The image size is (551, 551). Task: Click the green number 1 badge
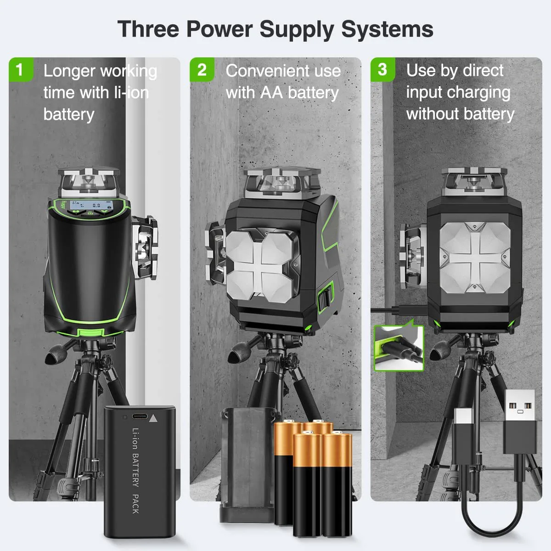click(19, 70)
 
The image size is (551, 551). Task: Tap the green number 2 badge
click(202, 70)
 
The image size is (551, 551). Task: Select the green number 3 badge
click(382, 70)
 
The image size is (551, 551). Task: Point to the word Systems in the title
click(387, 29)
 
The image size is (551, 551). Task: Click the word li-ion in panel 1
click(125, 92)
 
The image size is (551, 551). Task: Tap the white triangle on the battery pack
click(153, 418)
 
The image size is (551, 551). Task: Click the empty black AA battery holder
click(247, 464)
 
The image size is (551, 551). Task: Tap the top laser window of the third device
click(474, 181)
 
